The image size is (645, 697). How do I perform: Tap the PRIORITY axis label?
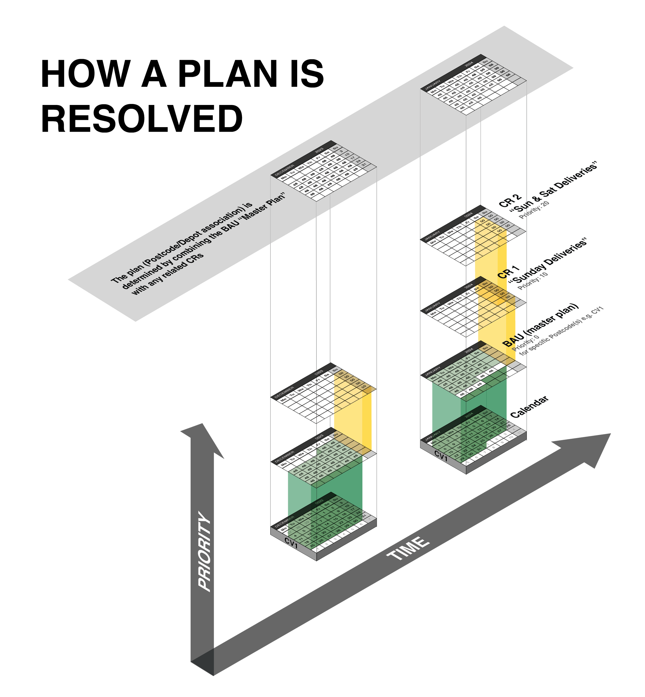205,552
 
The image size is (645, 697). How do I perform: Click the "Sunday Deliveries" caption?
548,260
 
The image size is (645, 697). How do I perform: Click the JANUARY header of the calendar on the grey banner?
432,84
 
